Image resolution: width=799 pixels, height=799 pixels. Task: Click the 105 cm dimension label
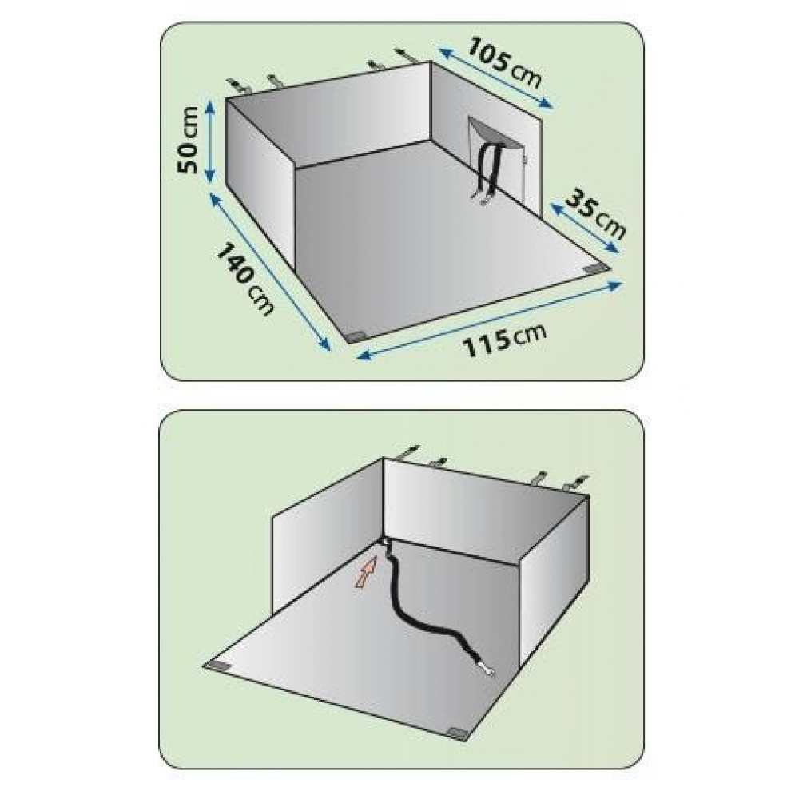click(503, 63)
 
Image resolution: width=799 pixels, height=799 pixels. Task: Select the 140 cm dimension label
click(245, 279)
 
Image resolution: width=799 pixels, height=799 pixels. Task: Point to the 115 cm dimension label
click(504, 339)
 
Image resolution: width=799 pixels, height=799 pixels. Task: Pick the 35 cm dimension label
click(596, 213)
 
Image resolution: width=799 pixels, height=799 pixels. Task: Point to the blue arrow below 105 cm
click(496, 78)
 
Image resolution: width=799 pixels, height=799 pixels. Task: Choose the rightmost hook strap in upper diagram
click(405, 55)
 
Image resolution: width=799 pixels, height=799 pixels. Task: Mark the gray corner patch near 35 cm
click(596, 268)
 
